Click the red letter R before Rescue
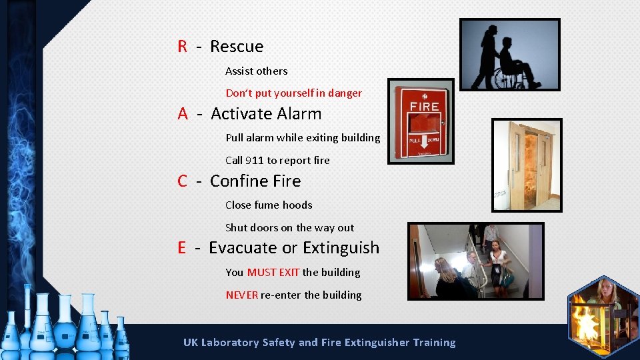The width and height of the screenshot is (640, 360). point(182,47)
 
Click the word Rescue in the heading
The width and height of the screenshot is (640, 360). point(237,47)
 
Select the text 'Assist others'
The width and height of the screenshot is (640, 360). point(256,71)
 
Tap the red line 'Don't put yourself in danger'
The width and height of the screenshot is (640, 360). point(293,93)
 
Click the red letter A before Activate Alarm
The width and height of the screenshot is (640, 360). point(183,114)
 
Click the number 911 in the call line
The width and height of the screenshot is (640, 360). point(254,161)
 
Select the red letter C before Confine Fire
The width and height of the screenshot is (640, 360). point(182,181)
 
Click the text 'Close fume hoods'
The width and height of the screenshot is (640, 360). point(269,205)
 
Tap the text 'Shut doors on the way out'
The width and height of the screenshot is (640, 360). point(289,228)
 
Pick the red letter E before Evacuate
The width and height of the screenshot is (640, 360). point(181,248)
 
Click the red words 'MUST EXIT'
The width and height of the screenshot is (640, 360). point(273,273)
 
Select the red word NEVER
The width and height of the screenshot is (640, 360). point(241,295)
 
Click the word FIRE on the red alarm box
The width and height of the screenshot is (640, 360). point(423,107)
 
